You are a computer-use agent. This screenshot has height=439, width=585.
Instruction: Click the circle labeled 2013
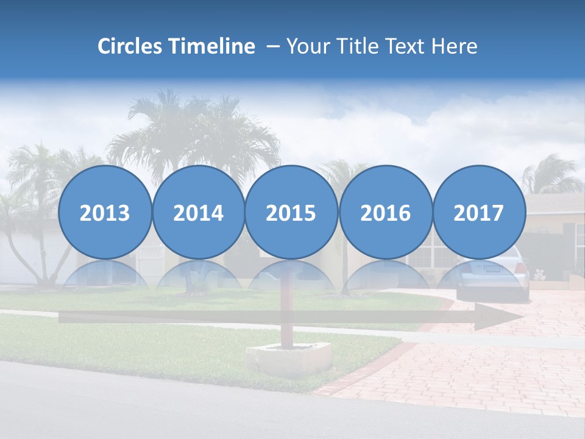(105, 213)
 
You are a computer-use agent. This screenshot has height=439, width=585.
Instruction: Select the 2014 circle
(198, 213)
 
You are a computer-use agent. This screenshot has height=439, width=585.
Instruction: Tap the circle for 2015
(291, 213)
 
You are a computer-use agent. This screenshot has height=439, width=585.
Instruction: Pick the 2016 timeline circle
(385, 213)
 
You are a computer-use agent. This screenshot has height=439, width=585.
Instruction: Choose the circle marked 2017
(478, 213)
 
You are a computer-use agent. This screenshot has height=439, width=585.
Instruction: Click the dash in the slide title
(272, 46)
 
